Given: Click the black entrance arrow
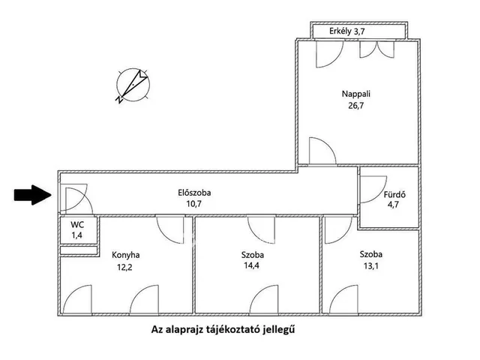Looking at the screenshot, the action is pos(32,195).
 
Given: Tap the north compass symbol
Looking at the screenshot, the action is pos(133,85).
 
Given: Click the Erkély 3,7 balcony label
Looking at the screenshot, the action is pos(347,31).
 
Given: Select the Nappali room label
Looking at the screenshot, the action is pos(355,94).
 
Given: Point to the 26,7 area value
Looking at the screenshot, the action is pos(355,106).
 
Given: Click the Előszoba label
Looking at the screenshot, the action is pos(194,193).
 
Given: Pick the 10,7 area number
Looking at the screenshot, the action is pos(194,204).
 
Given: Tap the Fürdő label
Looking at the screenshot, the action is pos(395,194).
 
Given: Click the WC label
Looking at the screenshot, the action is pos(77,225).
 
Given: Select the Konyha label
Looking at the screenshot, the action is pos(126,255).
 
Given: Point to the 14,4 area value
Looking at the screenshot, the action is pos(252,265).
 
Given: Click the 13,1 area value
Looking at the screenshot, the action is pos(371,266).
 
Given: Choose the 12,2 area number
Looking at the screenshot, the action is pos(125,268).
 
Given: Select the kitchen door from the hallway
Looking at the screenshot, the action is pos(170,229).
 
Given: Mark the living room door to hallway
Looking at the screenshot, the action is pos(322,151).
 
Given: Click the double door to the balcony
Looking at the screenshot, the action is pos(377,49).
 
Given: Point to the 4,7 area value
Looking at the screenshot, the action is pos(393,205).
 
